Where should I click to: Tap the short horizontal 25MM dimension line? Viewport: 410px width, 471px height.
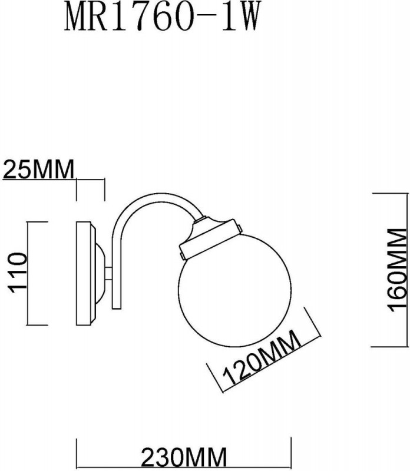pyautogui.click(x=91, y=179)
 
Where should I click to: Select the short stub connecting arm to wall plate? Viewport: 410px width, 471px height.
pyautogui.click(x=110, y=273)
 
